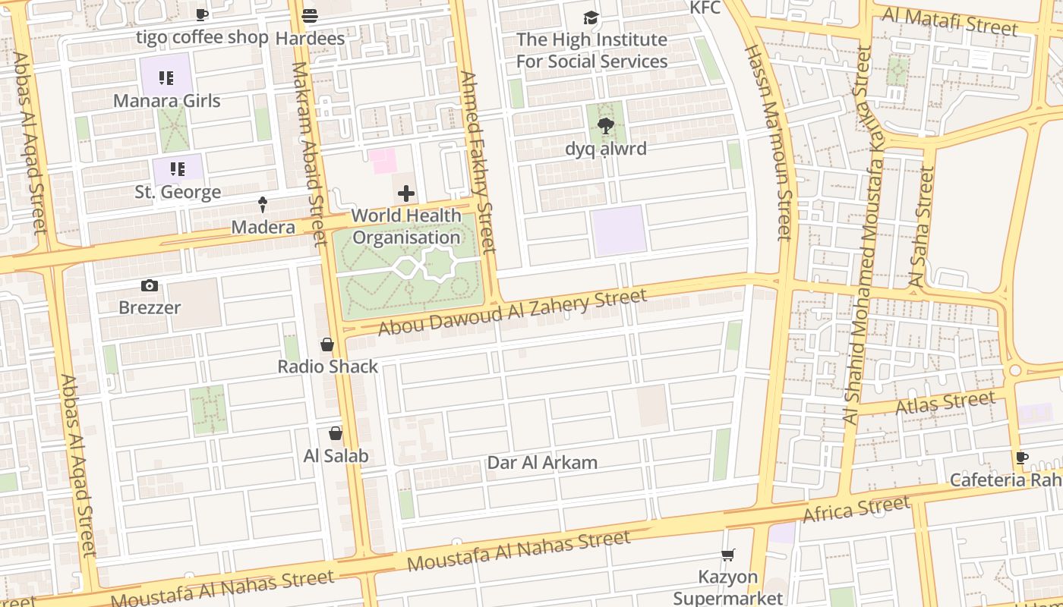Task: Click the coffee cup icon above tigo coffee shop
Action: [x=201, y=14]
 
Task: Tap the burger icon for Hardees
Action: [x=309, y=15]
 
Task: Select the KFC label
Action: [x=704, y=8]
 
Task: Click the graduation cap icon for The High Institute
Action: [x=591, y=17]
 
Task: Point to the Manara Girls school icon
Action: [x=166, y=78]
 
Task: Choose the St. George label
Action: [x=178, y=192]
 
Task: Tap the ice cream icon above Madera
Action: [x=263, y=204]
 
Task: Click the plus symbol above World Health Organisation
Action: [x=406, y=193]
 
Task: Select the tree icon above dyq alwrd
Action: [x=605, y=126]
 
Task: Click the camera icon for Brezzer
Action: [x=150, y=285]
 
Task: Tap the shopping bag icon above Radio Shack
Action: [x=327, y=344]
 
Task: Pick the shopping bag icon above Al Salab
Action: [x=336, y=433]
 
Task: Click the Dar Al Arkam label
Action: [x=542, y=463]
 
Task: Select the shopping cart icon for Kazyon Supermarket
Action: [x=727, y=555]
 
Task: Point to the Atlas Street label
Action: [x=945, y=403]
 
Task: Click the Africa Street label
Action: [x=856, y=510]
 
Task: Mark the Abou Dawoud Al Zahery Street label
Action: [x=513, y=313]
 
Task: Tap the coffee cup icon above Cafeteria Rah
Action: [x=1022, y=458]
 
